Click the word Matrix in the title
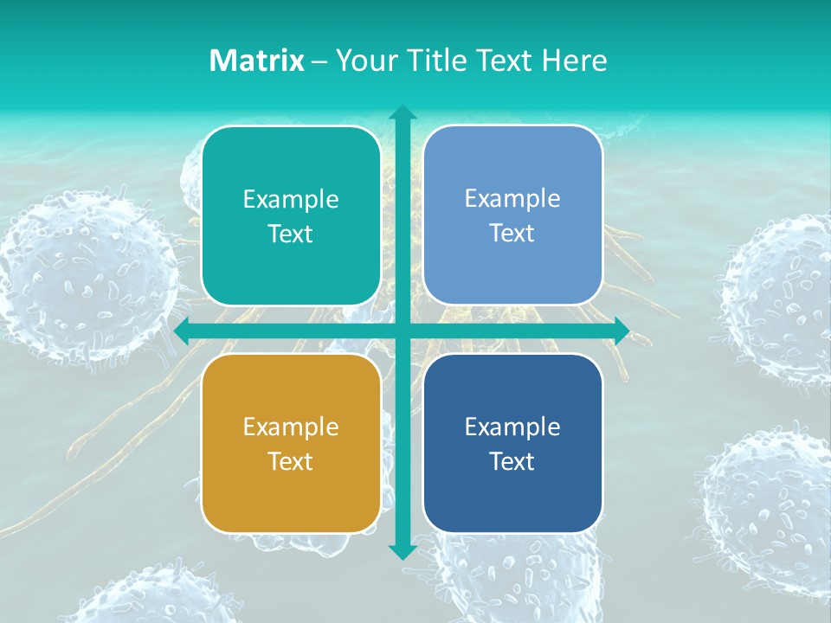(256, 61)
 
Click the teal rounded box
(291, 215)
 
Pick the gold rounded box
(291, 443)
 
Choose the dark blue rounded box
(512, 443)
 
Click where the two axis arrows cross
(403, 331)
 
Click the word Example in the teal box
(291, 199)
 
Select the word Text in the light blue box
(512, 233)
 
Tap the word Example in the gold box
(291, 427)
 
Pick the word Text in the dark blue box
(512, 461)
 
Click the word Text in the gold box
(291, 461)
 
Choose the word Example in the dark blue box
(512, 427)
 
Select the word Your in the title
(362, 61)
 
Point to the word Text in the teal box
(291, 234)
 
